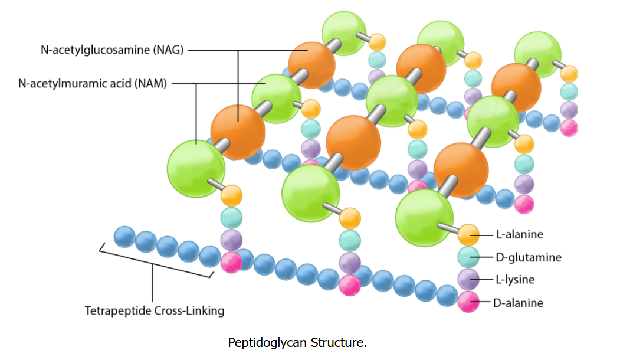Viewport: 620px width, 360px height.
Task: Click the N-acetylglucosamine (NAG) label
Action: click(112, 50)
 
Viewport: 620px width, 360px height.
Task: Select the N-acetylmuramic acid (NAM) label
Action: click(93, 83)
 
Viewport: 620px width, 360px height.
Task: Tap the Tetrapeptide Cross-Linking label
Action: click(155, 310)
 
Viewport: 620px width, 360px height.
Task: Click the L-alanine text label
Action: click(520, 235)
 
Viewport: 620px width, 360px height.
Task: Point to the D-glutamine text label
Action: click(529, 257)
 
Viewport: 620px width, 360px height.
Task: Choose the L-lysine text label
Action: click(515, 280)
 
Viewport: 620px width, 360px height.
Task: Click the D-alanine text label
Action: click(518, 303)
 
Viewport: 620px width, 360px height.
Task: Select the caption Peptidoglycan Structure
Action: click(297, 343)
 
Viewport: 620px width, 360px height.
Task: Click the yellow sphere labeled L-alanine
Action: click(468, 235)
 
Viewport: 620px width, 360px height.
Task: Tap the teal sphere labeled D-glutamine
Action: click(468, 257)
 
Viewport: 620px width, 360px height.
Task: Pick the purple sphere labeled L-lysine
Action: click(468, 279)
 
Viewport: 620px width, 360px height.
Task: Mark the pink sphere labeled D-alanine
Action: click(468, 302)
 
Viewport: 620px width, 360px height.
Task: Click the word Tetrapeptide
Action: click(117, 310)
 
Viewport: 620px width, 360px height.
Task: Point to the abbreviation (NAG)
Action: click(169, 50)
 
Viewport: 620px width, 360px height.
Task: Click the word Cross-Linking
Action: click(189, 310)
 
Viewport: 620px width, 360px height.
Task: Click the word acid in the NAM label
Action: click(122, 83)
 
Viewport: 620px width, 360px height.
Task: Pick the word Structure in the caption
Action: click(339, 343)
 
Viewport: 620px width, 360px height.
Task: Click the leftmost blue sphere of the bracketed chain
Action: click(124, 237)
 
